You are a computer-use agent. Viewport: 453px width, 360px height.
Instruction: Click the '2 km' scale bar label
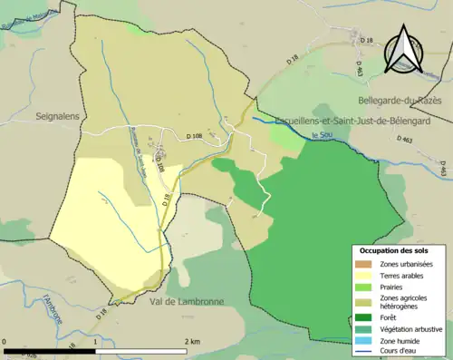tap(191, 340)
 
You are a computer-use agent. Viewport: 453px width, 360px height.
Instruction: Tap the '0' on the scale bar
tap(5, 340)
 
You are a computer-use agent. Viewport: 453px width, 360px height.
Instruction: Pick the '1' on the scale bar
tap(98, 340)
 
